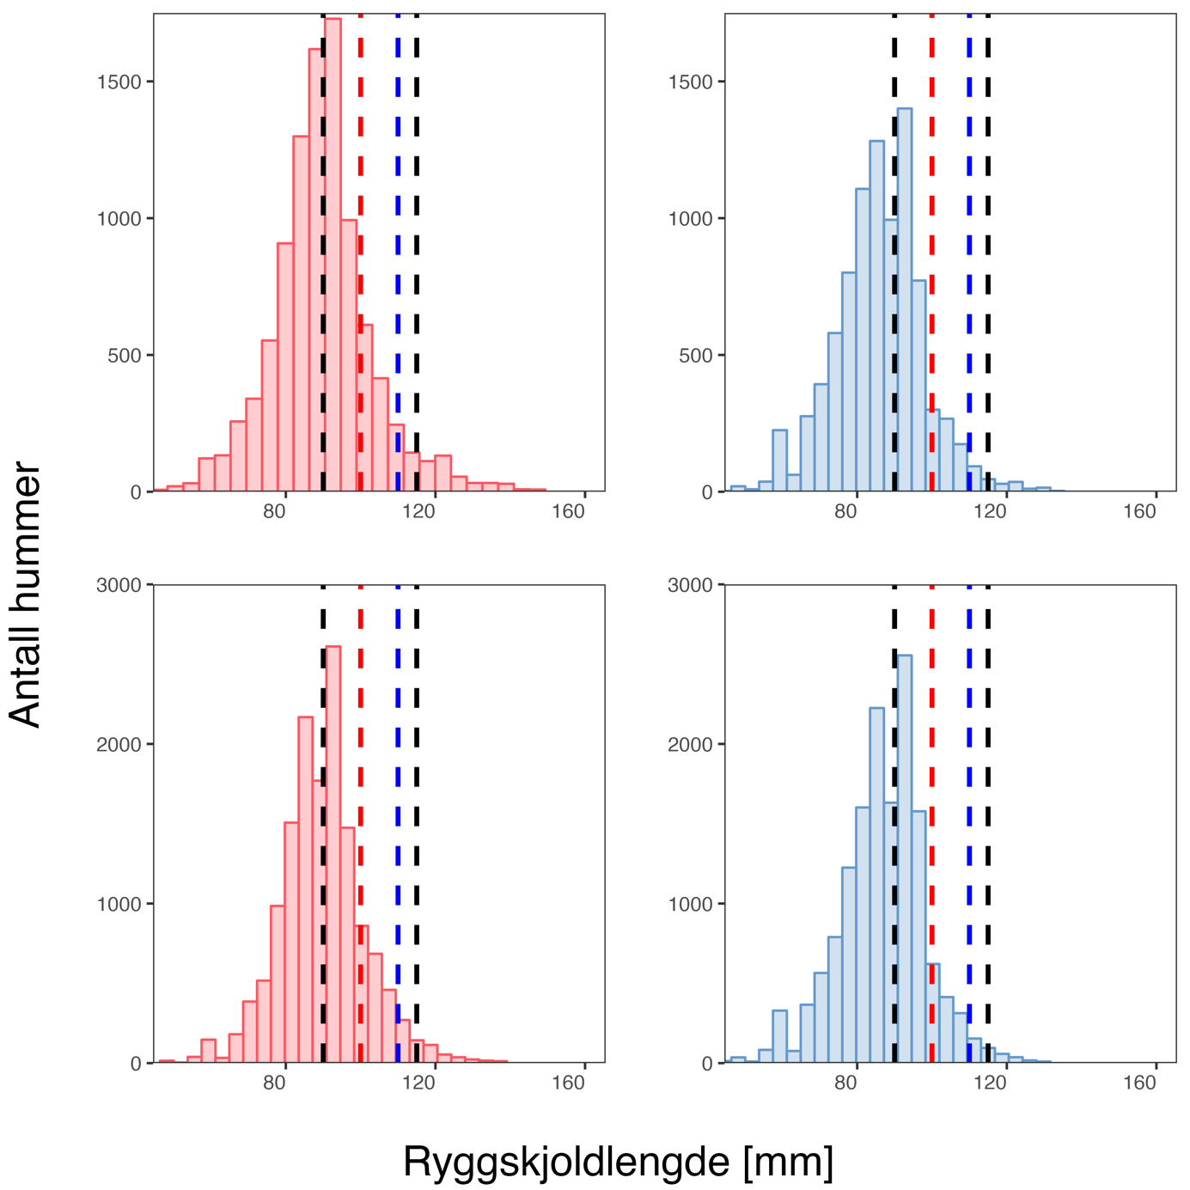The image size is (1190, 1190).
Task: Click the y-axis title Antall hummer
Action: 26,595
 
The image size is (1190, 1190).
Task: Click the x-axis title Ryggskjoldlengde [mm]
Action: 618,1162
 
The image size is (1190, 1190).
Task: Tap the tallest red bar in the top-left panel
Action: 333,258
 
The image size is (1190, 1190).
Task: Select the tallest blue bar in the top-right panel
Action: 904,301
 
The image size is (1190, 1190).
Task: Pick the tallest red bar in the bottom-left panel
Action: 333,859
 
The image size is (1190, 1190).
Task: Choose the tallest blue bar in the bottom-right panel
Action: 904,859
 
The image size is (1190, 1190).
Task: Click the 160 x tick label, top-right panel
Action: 1140,512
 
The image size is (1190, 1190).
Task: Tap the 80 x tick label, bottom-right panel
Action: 845,1083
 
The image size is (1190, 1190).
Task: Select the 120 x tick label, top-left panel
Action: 422,512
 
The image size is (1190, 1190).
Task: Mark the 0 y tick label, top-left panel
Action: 136,492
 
